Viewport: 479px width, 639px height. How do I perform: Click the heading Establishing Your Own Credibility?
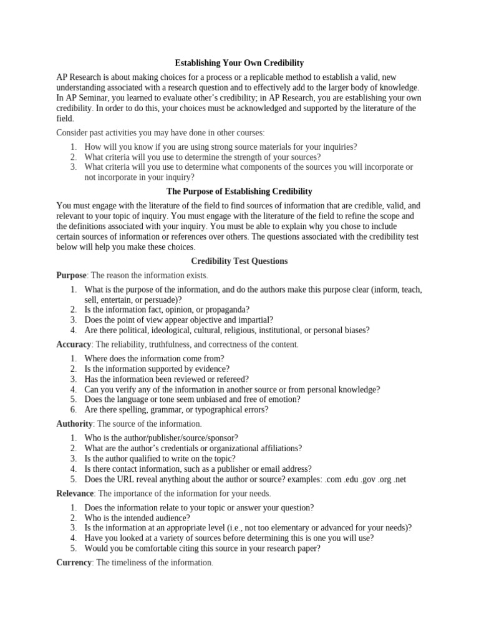[x=239, y=63]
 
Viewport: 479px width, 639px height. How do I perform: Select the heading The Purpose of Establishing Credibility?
[x=239, y=191]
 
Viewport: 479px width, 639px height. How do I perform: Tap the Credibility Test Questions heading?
[x=239, y=261]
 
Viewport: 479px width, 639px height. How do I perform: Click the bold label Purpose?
[x=71, y=275]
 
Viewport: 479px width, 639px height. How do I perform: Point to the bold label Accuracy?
[x=74, y=344]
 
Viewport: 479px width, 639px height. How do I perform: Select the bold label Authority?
[x=74, y=424]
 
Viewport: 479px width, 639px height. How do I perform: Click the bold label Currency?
[x=74, y=563]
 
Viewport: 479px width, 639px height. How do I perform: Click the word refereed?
[x=228, y=379]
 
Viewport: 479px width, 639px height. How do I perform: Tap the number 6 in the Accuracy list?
[x=73, y=409]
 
